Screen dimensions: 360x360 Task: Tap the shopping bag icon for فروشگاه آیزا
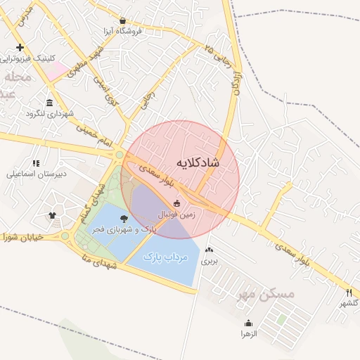pos(124,21)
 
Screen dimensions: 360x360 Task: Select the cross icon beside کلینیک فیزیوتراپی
pos(19,48)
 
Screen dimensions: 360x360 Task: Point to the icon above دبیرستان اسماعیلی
pos(36,164)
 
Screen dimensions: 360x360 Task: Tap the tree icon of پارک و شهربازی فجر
pos(124,218)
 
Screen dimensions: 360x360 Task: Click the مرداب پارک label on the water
pos(167,258)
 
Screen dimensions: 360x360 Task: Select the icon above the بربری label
pos(210,250)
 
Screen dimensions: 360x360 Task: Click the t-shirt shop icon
pos(52,215)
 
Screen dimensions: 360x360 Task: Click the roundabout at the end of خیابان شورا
pos(65,236)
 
